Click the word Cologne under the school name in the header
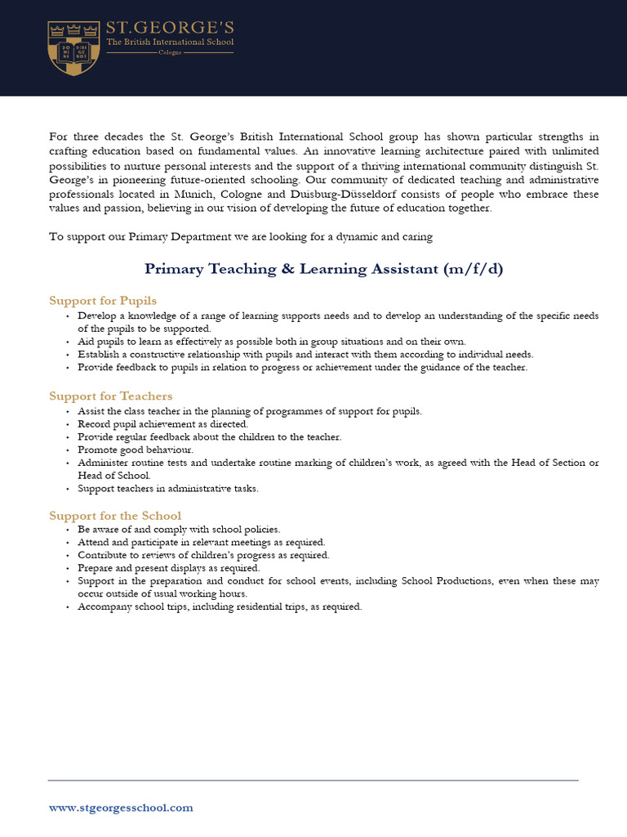click(170, 52)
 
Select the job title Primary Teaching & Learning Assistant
click(291, 269)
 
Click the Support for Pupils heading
click(103, 301)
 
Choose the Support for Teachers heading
click(111, 396)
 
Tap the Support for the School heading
click(115, 516)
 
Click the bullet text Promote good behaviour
click(136, 450)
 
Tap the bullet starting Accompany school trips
click(219, 606)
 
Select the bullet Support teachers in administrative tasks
click(179, 489)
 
